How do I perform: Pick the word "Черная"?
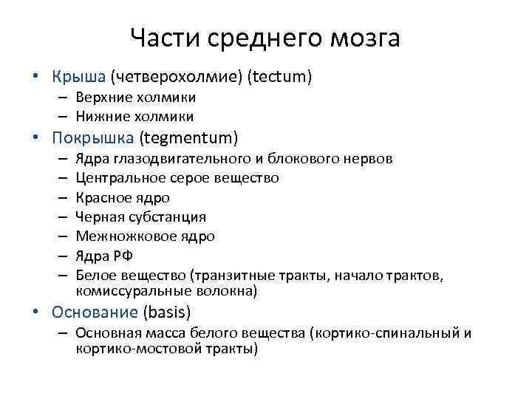tap(98, 216)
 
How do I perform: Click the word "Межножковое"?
tap(115, 236)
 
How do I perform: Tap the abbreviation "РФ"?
tap(121, 256)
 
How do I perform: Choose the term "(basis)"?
tap(167, 312)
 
